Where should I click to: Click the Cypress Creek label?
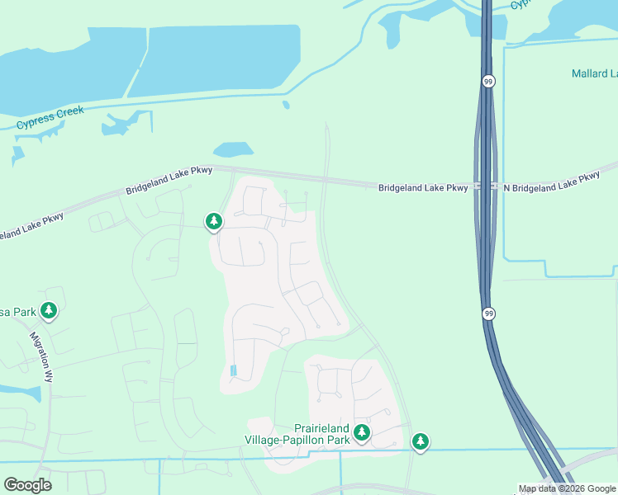click(x=50, y=117)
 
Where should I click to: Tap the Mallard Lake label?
click(x=594, y=73)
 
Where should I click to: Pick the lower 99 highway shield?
click(x=488, y=313)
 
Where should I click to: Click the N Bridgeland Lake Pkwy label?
click(x=551, y=182)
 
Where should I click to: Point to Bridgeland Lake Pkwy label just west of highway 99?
click(x=423, y=188)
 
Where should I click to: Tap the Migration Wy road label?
click(x=41, y=357)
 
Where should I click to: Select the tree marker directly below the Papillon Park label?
click(x=361, y=433)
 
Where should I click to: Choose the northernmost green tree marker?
click(x=214, y=221)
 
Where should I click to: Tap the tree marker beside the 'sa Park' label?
click(x=50, y=310)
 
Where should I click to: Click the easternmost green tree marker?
click(x=421, y=442)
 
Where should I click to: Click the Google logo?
click(x=27, y=485)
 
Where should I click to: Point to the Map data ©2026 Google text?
click(x=567, y=488)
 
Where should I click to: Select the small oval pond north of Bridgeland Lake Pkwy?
click(x=233, y=149)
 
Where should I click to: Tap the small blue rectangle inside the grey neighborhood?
click(x=233, y=370)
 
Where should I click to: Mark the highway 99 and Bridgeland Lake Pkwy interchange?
click(x=486, y=187)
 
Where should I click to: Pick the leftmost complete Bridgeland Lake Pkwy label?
click(x=169, y=181)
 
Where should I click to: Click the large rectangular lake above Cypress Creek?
click(x=213, y=59)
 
